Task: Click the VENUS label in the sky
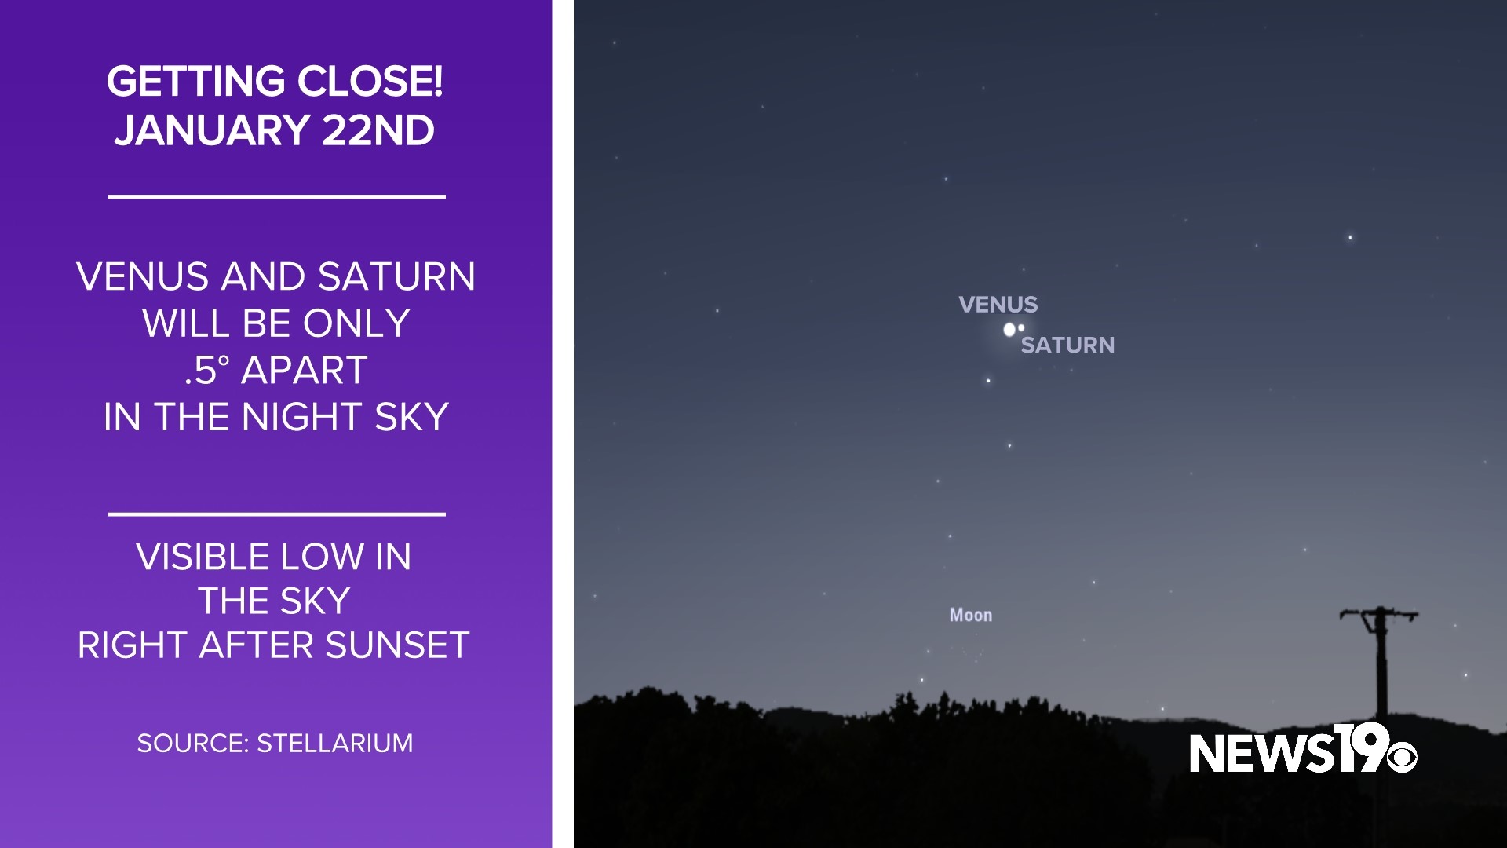pyautogui.click(x=998, y=305)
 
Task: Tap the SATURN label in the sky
pyautogui.click(x=1067, y=345)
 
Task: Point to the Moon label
pyautogui.click(x=971, y=616)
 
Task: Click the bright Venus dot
pyautogui.click(x=1009, y=330)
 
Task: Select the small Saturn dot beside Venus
pyautogui.click(x=1021, y=327)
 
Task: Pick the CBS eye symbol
pyautogui.click(x=1401, y=758)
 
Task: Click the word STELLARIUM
pyautogui.click(x=335, y=744)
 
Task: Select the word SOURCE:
pyautogui.click(x=192, y=744)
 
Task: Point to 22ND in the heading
pyautogui.click(x=378, y=130)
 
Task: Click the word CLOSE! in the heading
pyautogui.click(x=370, y=82)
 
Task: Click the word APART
pyautogui.click(x=305, y=370)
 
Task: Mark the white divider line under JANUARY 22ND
pyautogui.click(x=276, y=196)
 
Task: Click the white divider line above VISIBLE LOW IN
pyautogui.click(x=276, y=514)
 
